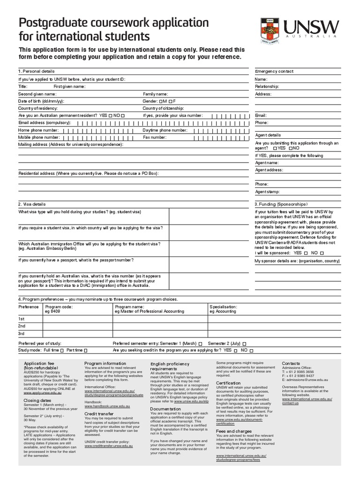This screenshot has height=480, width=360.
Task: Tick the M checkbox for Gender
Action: pyautogui.click(x=161, y=101)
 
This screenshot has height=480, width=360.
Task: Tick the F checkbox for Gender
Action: pyautogui.click(x=171, y=101)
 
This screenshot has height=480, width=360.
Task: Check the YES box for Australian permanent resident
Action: pyautogui.click(x=110, y=115)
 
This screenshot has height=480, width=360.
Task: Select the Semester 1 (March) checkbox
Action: pyautogui.click(x=200, y=344)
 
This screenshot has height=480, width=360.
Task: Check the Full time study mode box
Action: pyautogui.click(x=62, y=351)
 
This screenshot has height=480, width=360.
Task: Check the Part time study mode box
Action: pyautogui.click(x=85, y=351)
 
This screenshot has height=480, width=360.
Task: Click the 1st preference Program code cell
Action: pyautogui.click(x=77, y=319)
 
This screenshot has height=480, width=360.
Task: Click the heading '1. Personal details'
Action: pyautogui.click(x=36, y=71)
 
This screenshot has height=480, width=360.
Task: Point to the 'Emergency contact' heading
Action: pyautogui.click(x=274, y=71)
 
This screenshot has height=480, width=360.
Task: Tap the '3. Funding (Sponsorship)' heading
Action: pyautogui.click(x=281, y=204)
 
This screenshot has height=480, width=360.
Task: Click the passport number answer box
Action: pyautogui.click(x=208, y=264)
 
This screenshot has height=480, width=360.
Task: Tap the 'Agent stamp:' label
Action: pyautogui.click(x=267, y=192)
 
